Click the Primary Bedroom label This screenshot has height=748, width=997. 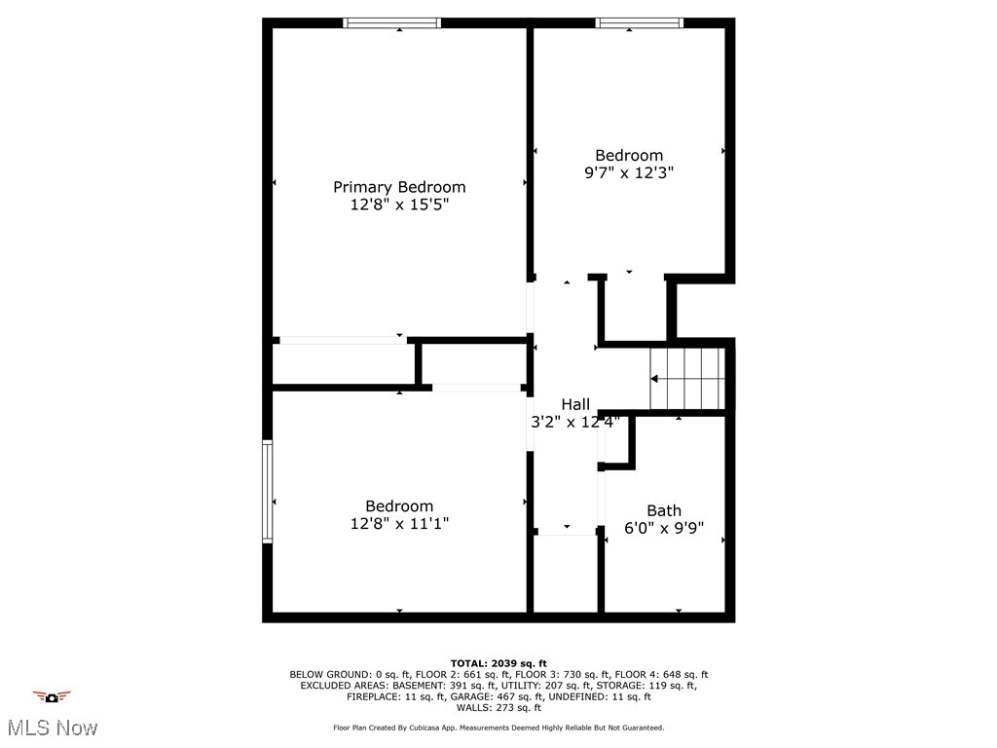click(399, 187)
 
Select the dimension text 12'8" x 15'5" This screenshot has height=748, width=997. click(399, 206)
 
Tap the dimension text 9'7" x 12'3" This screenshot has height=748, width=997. click(629, 172)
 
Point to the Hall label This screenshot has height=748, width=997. click(575, 404)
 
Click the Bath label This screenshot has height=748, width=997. click(664, 510)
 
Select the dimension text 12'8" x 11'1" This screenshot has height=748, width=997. click(399, 524)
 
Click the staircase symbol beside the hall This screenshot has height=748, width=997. click(688, 379)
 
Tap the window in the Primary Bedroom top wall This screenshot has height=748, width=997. click(392, 22)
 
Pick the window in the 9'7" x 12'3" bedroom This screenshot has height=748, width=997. click(640, 22)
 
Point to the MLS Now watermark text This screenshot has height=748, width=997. click(53, 728)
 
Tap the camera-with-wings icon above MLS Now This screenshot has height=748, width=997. click(53, 696)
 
